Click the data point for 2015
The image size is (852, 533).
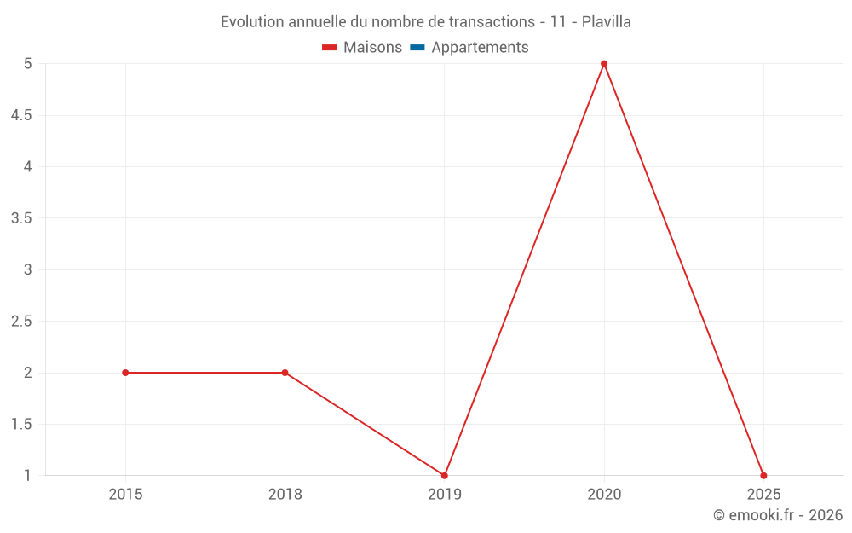tap(125, 373)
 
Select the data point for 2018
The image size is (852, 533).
tap(285, 373)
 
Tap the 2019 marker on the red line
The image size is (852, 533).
tap(445, 475)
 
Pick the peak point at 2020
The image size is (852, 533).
tap(604, 64)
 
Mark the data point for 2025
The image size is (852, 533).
tap(763, 475)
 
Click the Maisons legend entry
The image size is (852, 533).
tap(362, 48)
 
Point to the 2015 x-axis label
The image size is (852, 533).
tap(125, 494)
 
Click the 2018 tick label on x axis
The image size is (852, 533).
tap(285, 494)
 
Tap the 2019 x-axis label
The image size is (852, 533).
tap(445, 494)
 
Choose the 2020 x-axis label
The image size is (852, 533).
tap(604, 494)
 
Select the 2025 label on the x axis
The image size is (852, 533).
tap(763, 494)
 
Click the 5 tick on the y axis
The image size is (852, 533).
tap(27, 64)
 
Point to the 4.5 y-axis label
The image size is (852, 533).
tap(21, 115)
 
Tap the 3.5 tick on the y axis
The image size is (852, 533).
tap(21, 218)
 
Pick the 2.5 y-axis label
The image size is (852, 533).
tap(21, 322)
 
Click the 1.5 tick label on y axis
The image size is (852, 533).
tap(21, 425)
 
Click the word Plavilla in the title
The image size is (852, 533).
tap(606, 22)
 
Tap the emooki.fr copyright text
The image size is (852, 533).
tap(778, 515)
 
